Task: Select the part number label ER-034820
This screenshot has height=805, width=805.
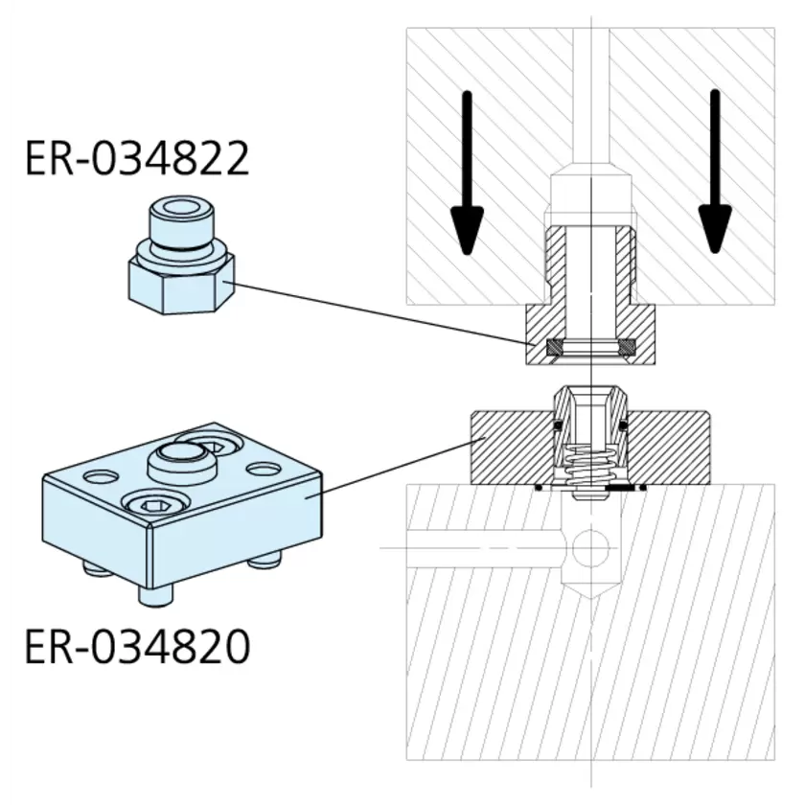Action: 137,647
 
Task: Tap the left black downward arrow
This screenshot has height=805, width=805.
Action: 466,172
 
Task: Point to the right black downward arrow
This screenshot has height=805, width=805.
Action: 714,172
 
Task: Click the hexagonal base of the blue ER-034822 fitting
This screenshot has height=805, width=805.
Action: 177,287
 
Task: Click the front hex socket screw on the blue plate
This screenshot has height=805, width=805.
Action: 154,507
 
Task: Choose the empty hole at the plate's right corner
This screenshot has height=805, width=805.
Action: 261,470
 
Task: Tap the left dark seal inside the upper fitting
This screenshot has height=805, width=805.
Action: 555,348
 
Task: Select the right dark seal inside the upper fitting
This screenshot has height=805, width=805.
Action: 625,348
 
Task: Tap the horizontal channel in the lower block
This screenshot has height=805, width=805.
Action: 489,548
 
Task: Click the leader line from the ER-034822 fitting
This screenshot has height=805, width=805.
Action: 383,313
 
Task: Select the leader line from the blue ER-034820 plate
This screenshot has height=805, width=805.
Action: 402,465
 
